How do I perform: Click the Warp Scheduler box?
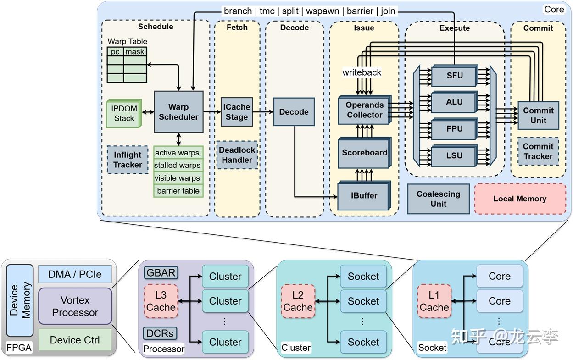(178, 112)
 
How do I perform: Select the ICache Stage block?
(236, 112)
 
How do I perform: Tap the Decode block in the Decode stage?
(294, 111)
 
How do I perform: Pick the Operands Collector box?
(364, 110)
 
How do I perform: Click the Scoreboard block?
(364, 153)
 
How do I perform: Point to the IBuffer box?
(364, 195)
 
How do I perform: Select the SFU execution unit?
(454, 75)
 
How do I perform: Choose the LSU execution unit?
(454, 155)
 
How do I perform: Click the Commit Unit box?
(538, 115)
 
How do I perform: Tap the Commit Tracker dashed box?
(538, 151)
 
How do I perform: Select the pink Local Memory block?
(520, 199)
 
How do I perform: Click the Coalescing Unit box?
(438, 199)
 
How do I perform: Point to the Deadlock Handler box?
(236, 155)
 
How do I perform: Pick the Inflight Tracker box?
(128, 160)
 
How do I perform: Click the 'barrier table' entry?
(178, 191)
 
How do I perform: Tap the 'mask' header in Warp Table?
(135, 52)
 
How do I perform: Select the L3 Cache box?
(161, 301)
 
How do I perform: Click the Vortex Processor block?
(75, 306)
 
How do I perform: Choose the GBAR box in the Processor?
(161, 273)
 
